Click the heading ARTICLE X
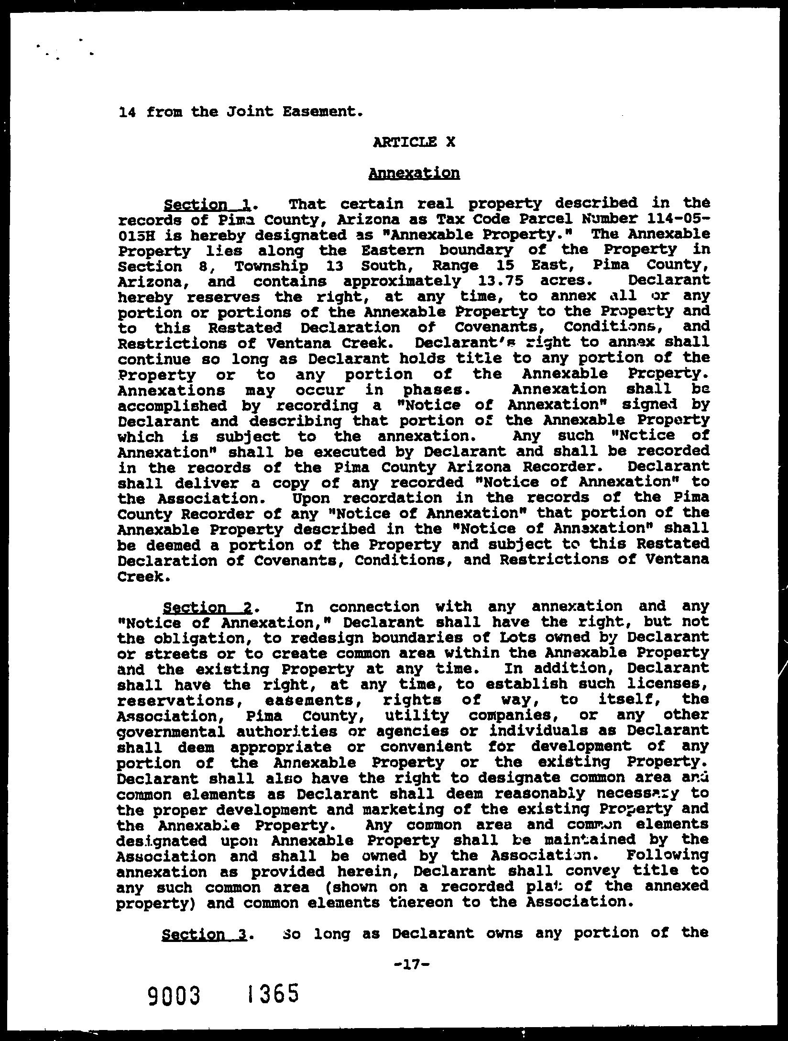point(414,142)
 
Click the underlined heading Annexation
point(414,173)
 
